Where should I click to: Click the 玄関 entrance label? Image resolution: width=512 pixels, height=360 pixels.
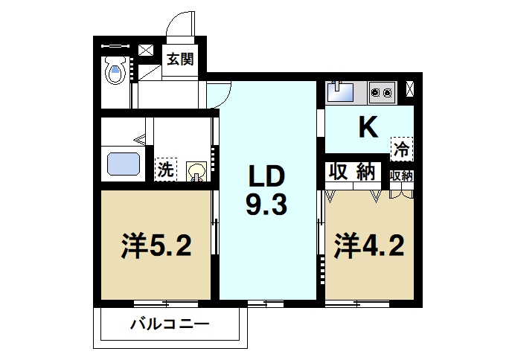click(x=180, y=60)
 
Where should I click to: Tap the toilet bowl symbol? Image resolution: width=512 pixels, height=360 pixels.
click(x=115, y=71)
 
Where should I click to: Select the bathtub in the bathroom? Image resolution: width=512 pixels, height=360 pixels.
click(x=124, y=163)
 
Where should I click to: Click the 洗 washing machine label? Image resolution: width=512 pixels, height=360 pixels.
click(x=164, y=170)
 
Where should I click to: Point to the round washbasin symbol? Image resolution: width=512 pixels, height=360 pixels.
click(x=196, y=172)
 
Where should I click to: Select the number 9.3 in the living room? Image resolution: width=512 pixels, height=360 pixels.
click(x=266, y=204)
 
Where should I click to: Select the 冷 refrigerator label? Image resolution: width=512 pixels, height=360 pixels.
click(x=402, y=148)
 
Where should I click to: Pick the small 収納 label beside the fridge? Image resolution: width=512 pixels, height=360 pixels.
click(x=402, y=176)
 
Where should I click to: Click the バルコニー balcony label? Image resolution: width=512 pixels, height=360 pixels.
click(x=170, y=324)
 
